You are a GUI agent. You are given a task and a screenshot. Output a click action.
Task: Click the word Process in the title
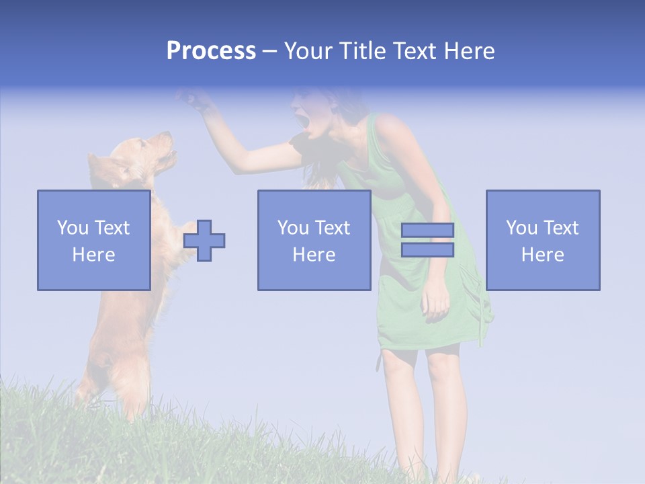[211, 51]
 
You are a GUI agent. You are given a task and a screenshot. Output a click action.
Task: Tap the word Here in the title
[468, 51]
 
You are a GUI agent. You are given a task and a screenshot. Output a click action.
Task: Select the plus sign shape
[204, 240]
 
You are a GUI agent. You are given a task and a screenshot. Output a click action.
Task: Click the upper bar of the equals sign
[427, 230]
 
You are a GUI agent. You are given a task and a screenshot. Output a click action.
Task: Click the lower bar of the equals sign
[427, 249]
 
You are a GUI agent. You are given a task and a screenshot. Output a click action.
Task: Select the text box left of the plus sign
[93, 240]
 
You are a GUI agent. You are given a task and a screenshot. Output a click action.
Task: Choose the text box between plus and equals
[314, 240]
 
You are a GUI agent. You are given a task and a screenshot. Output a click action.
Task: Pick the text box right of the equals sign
[542, 240]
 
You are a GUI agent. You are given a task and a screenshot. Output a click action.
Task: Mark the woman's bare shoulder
[390, 128]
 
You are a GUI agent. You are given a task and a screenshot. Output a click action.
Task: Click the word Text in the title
[413, 51]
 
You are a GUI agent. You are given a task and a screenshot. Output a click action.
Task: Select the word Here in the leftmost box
[93, 255]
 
